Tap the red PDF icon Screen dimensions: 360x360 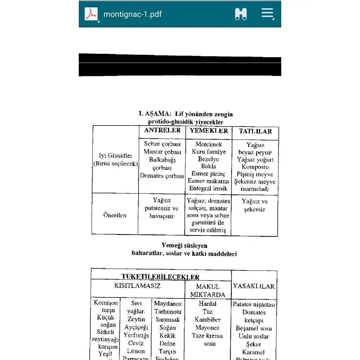point(91,14)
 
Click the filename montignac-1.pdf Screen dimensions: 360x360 point(133,14)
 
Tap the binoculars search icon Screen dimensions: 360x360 point(241,14)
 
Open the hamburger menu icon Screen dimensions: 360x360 point(267,14)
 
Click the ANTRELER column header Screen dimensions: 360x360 point(162,130)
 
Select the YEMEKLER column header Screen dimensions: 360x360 point(209,131)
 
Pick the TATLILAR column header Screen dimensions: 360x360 point(255,131)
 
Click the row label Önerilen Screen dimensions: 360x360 point(115,215)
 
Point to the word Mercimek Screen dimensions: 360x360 point(209,144)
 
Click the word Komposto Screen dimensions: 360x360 point(255,167)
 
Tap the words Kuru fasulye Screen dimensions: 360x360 point(209,152)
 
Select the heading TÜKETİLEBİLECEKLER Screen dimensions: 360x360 point(160,277)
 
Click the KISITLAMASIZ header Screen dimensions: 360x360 point(137,286)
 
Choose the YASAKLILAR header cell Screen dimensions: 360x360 point(254,286)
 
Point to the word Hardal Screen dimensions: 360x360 point(207,304)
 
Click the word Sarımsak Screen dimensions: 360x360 point(168,320)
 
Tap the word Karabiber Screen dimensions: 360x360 point(207,320)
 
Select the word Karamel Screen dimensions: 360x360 point(253,352)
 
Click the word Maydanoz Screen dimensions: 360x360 point(168,304)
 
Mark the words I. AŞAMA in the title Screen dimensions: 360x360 point(153,114)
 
